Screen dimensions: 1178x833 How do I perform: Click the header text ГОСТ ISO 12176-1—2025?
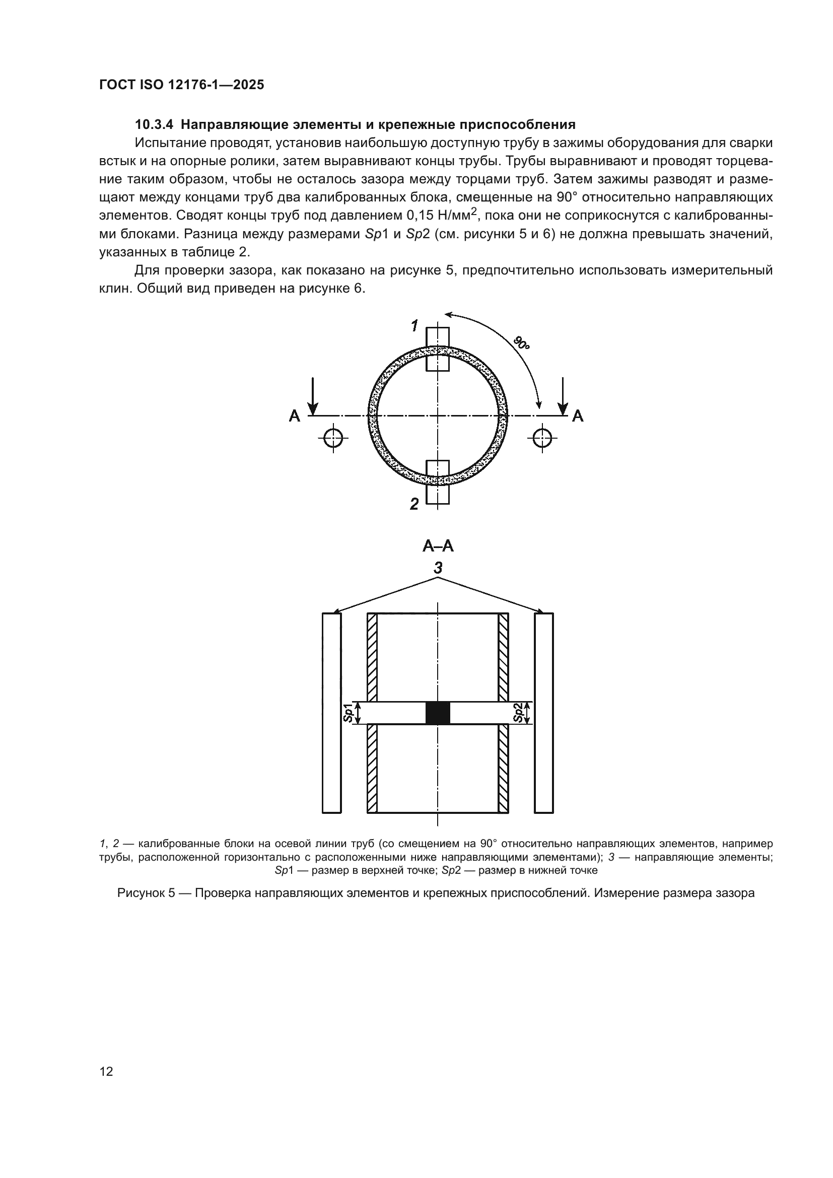pyautogui.click(x=182, y=85)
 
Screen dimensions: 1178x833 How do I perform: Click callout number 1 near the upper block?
pyautogui.click(x=414, y=325)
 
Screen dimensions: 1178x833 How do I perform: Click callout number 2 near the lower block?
pyautogui.click(x=414, y=504)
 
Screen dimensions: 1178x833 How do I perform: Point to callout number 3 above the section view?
pyautogui.click(x=438, y=568)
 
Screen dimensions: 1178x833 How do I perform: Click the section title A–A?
pyautogui.click(x=438, y=546)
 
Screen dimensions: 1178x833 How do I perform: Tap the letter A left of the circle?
pyautogui.click(x=295, y=415)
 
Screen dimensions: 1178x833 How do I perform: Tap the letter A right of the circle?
pyautogui.click(x=578, y=415)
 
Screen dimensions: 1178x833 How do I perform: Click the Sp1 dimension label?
pyautogui.click(x=349, y=713)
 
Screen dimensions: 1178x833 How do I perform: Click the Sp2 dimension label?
pyautogui.click(x=519, y=713)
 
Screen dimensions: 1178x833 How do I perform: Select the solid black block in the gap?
pyautogui.click(x=438, y=713)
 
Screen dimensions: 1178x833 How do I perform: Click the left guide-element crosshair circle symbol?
pyautogui.click(x=333, y=438)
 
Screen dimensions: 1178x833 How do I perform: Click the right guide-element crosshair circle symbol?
pyautogui.click(x=542, y=438)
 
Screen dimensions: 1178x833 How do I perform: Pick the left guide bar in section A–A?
pyautogui.click(x=332, y=713)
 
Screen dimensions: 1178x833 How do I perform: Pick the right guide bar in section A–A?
pyautogui.click(x=544, y=713)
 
